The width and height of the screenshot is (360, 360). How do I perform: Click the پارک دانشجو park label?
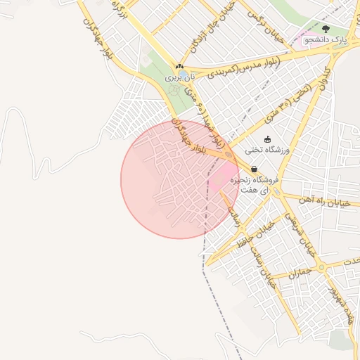(327, 40)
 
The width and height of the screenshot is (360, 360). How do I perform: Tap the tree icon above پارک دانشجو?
(326, 29)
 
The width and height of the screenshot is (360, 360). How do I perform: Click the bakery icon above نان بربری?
(179, 67)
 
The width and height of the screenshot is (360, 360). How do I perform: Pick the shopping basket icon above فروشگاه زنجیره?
(253, 169)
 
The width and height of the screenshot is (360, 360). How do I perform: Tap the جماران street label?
(299, 272)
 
